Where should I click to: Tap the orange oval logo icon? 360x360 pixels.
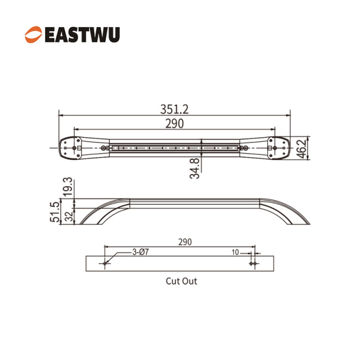[x=33, y=34]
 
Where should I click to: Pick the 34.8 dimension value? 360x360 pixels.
[x=195, y=168]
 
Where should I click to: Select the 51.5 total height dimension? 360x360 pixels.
[x=55, y=213]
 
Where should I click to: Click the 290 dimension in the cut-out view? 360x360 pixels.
[x=185, y=242]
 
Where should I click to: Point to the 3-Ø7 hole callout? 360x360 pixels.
[x=141, y=253]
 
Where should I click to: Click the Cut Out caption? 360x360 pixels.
[x=181, y=281]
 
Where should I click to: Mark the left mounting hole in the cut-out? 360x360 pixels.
[x=105, y=263]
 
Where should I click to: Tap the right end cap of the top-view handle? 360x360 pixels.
[x=278, y=148]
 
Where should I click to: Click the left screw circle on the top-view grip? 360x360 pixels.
[x=103, y=148]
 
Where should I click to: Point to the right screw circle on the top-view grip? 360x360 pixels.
[x=243, y=148]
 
